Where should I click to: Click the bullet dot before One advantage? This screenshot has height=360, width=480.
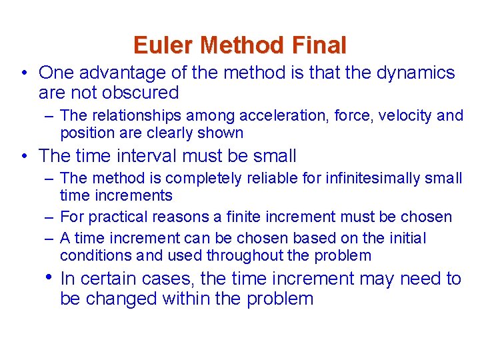click(23, 73)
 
